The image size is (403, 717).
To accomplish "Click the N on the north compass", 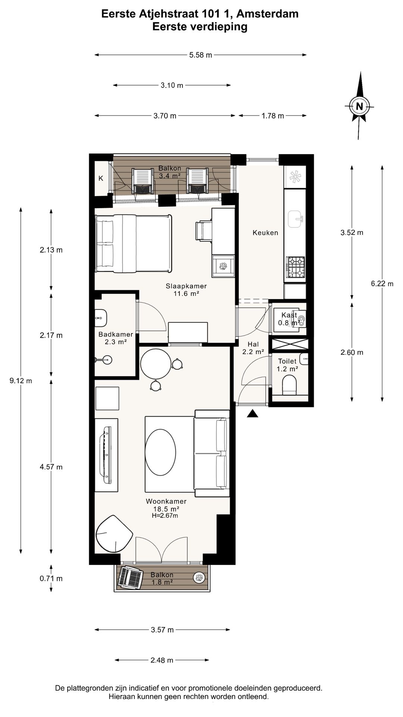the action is pos(359,106).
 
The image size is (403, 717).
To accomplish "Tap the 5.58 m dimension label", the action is pos(201,55).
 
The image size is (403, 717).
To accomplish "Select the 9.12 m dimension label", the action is pos(21,381).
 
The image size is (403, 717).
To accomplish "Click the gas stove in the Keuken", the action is pos(295,267).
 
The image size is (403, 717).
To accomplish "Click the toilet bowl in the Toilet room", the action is pos(289,385).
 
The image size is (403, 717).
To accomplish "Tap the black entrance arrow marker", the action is pos(253,413).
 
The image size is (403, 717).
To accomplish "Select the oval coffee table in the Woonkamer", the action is pos(160,454).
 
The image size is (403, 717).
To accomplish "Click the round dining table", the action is pos(156,363).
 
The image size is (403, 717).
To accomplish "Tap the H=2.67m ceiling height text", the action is pos(165,516).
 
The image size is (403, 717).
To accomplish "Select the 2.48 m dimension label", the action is pos(162,660).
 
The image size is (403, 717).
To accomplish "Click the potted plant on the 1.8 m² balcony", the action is pos(199,577).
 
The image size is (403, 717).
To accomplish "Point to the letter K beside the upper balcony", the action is pos(101,179).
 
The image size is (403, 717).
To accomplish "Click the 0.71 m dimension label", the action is pos(51,578).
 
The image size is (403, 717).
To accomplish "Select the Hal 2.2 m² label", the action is pos(253,348).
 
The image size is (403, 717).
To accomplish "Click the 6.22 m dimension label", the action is pos(382,283).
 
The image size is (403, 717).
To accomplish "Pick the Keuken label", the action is pos(265,233).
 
